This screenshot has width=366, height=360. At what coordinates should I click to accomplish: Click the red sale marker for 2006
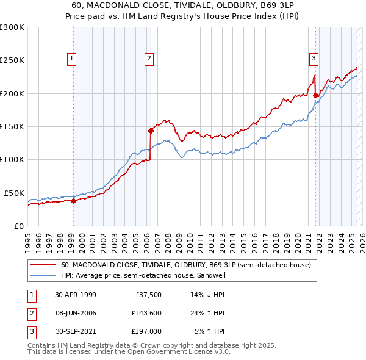tap(151, 130)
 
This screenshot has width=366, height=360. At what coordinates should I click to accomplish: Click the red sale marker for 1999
tap(73, 200)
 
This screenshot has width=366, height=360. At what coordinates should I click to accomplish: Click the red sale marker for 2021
tap(315, 95)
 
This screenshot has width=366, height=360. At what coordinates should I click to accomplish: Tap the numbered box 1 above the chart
tap(72, 59)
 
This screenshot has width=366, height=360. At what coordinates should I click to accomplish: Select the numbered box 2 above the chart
tap(149, 59)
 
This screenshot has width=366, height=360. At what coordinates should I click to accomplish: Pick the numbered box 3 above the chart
tap(314, 59)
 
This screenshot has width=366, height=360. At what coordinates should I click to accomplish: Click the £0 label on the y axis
tap(18, 226)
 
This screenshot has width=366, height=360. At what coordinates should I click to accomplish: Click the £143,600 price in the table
tap(146, 313)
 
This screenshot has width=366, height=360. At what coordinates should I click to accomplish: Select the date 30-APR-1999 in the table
tap(75, 295)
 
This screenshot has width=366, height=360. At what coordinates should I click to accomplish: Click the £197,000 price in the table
tap(146, 331)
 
